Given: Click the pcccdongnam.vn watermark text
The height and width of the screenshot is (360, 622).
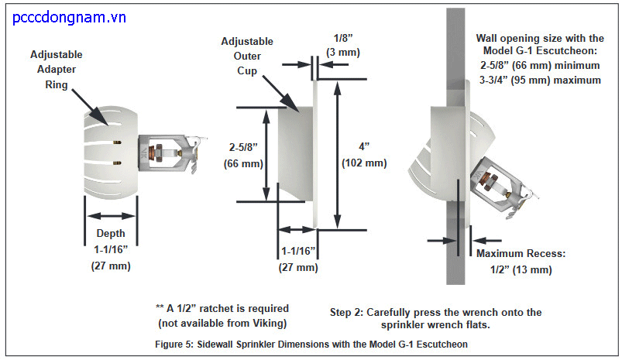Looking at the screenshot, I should pyautogui.click(x=70, y=16).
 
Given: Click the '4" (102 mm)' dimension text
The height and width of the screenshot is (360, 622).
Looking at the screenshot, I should pyautogui.click(x=364, y=156).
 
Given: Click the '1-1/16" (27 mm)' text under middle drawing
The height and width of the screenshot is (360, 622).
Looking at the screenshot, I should pyautogui.click(x=297, y=259).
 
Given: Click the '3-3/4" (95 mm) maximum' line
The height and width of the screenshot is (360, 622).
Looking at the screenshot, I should pyautogui.click(x=541, y=80).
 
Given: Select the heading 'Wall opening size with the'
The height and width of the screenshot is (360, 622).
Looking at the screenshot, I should pyautogui.click(x=541, y=38).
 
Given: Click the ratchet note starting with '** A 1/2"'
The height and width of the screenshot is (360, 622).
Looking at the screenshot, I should pyautogui.click(x=222, y=316).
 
